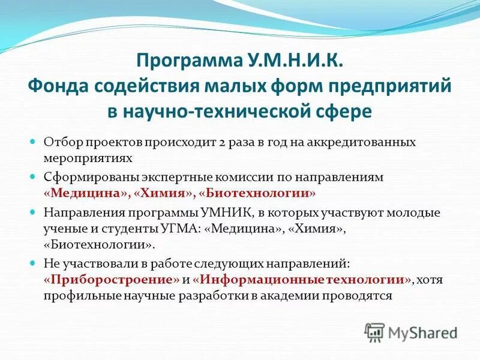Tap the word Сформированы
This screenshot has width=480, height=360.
[86, 178]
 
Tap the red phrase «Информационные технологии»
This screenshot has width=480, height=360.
[304, 279]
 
